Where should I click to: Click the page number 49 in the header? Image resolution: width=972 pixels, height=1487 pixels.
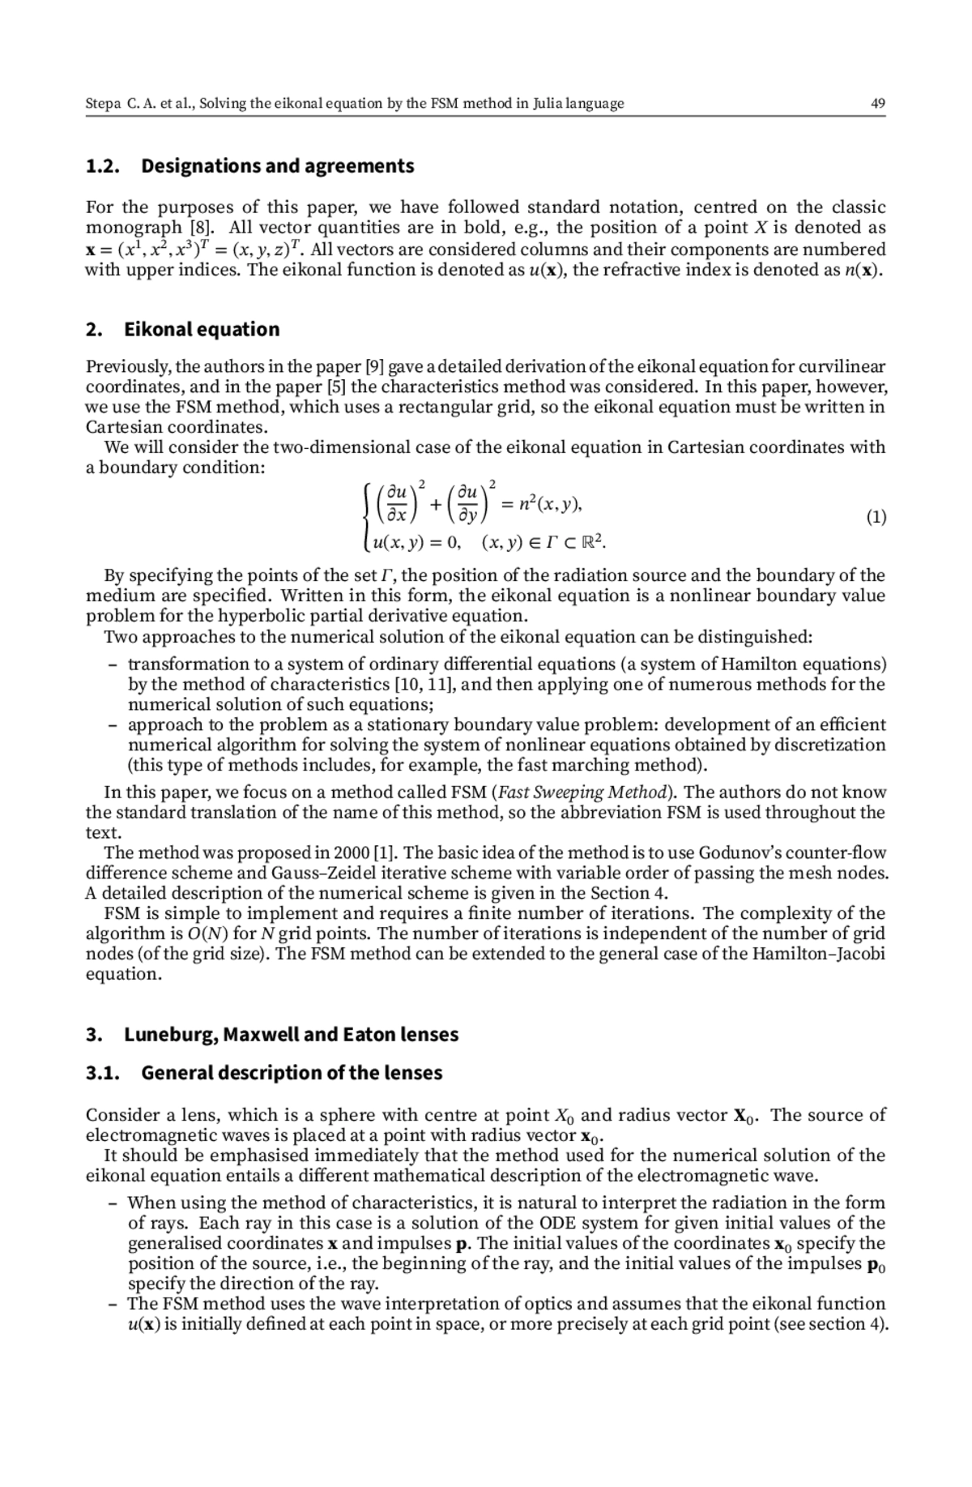tap(878, 104)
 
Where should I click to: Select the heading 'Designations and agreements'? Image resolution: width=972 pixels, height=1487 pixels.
tap(277, 166)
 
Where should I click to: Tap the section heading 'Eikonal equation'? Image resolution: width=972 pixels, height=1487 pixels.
tap(202, 330)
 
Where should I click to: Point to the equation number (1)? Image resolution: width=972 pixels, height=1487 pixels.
tap(876, 517)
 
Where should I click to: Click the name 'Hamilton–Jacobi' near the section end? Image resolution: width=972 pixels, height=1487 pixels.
tap(818, 954)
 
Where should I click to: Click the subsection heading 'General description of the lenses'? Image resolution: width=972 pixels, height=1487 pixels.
tap(292, 1073)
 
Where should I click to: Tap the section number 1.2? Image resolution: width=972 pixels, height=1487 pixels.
tap(103, 166)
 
